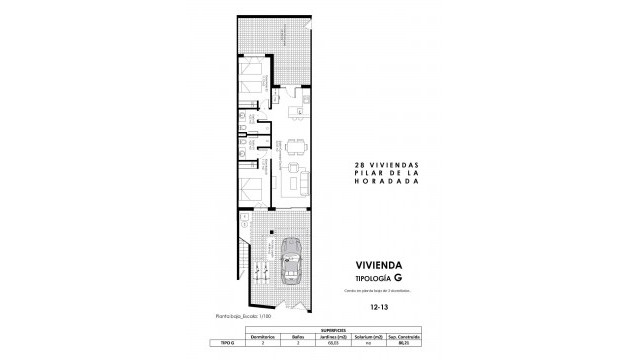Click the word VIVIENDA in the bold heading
[x=383, y=267]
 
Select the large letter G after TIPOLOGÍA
[x=398, y=279]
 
